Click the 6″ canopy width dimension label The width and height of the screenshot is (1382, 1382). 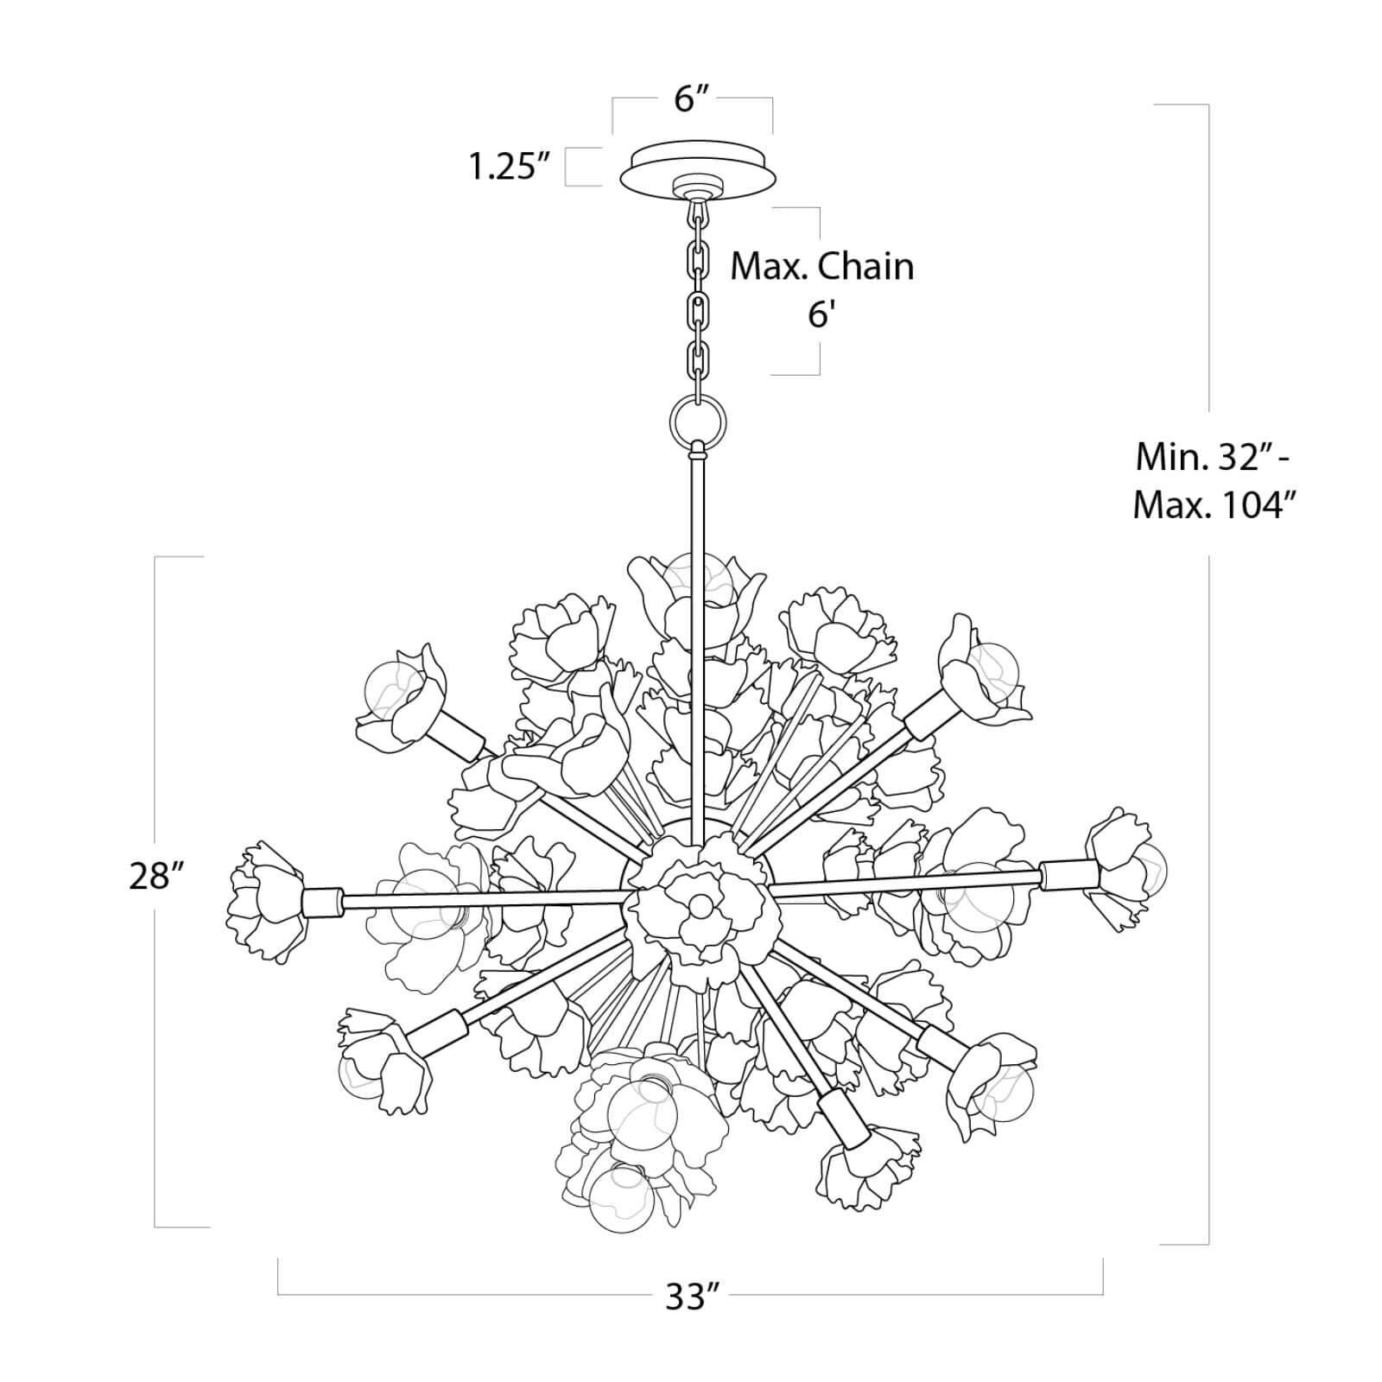click(x=692, y=100)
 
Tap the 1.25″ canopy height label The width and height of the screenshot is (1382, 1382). click(x=510, y=166)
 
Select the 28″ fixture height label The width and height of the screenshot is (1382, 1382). click(x=156, y=877)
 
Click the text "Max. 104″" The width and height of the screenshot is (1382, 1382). click(x=1217, y=504)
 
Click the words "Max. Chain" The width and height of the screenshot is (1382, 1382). click(x=822, y=267)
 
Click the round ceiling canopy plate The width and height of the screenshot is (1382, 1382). click(x=699, y=171)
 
